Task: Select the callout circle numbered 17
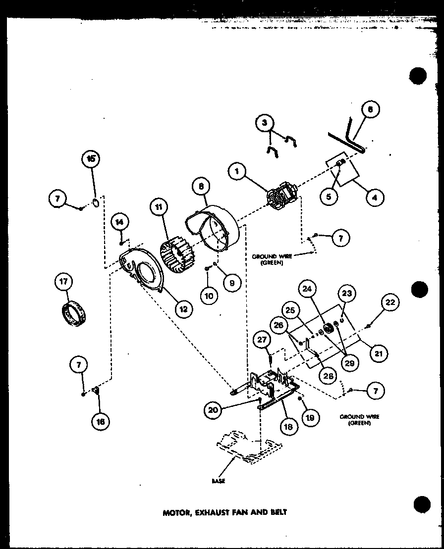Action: pyautogui.click(x=64, y=283)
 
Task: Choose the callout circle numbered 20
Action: pyautogui.click(x=213, y=409)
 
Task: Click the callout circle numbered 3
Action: pyautogui.click(x=265, y=122)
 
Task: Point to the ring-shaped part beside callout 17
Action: pyautogui.click(x=74, y=313)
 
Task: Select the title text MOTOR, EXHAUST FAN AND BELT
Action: pyautogui.click(x=225, y=512)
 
